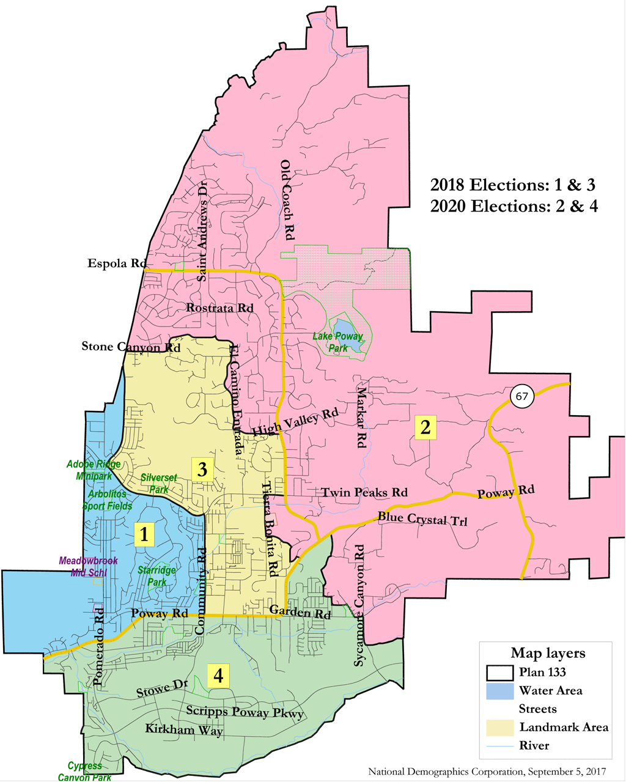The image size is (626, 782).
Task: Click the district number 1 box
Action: pos(144,534)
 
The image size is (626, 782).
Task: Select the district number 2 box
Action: pos(425,427)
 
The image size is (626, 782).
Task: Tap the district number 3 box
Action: pos(202,470)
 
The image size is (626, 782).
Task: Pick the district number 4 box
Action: pos(218,676)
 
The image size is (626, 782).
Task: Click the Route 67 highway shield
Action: pos(521,397)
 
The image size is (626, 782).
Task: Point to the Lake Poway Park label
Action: pos(338,342)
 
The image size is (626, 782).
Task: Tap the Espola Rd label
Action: pos(115,264)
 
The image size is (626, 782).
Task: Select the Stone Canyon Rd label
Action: pos(131,347)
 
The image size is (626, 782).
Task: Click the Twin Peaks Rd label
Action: pos(364,492)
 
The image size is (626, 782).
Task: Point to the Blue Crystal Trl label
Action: pos(422,518)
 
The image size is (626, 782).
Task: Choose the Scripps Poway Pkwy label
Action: pos(245,712)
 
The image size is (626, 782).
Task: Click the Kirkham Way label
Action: pos(183,729)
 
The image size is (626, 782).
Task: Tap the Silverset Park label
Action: pos(159,483)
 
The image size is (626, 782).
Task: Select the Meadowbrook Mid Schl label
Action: pos(88,566)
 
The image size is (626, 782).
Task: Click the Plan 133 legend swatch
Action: pos(499,673)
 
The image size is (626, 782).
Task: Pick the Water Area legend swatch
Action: pos(499,691)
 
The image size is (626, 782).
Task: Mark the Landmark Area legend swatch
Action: pos(499,728)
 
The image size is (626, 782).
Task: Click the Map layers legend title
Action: pos(548,653)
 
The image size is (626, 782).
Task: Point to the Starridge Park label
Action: pos(156,576)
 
